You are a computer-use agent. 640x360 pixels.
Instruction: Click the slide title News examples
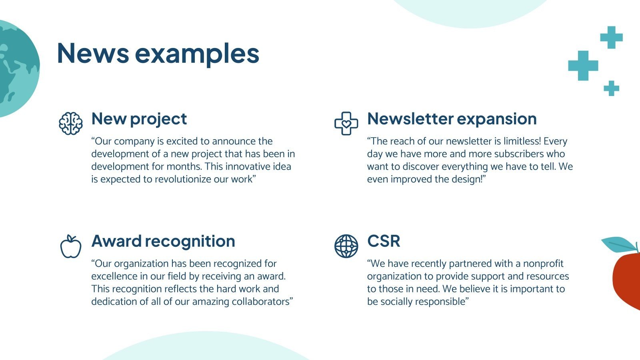tap(158, 54)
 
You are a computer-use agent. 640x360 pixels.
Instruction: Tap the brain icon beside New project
tap(71, 124)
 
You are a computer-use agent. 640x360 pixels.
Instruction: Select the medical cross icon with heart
tap(346, 124)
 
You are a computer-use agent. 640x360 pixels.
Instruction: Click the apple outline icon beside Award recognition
tap(71, 246)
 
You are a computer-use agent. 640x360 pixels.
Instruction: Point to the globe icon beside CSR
tap(346, 246)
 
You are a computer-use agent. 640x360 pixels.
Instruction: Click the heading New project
tap(139, 119)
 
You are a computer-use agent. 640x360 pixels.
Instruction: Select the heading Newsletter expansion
tap(452, 119)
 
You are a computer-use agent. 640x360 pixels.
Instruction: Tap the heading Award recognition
tap(163, 242)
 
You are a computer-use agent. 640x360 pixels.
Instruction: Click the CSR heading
tap(384, 241)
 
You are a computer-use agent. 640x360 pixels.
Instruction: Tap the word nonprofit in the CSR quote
tap(543, 264)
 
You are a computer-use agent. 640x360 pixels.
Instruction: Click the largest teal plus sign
tap(583, 66)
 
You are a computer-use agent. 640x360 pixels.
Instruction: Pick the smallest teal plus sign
tap(612, 88)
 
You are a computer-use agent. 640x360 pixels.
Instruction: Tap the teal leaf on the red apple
tap(619, 244)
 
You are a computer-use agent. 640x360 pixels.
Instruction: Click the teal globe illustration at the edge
tap(17, 68)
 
